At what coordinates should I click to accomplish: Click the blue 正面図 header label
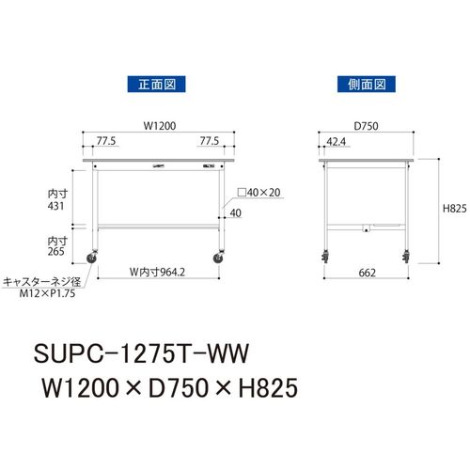[x=156, y=85]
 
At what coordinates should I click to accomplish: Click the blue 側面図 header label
[x=367, y=85]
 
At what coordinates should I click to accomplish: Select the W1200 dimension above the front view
[x=160, y=126]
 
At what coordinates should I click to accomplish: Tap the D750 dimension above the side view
[x=366, y=126]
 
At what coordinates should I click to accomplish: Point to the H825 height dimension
[x=454, y=209]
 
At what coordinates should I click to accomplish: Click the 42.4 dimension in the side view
[x=337, y=142]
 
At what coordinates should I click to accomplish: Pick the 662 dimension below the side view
[x=367, y=273]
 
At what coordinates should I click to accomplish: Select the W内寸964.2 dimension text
[x=157, y=272]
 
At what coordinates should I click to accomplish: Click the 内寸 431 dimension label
[x=57, y=200]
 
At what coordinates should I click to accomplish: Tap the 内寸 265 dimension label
[x=57, y=246]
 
